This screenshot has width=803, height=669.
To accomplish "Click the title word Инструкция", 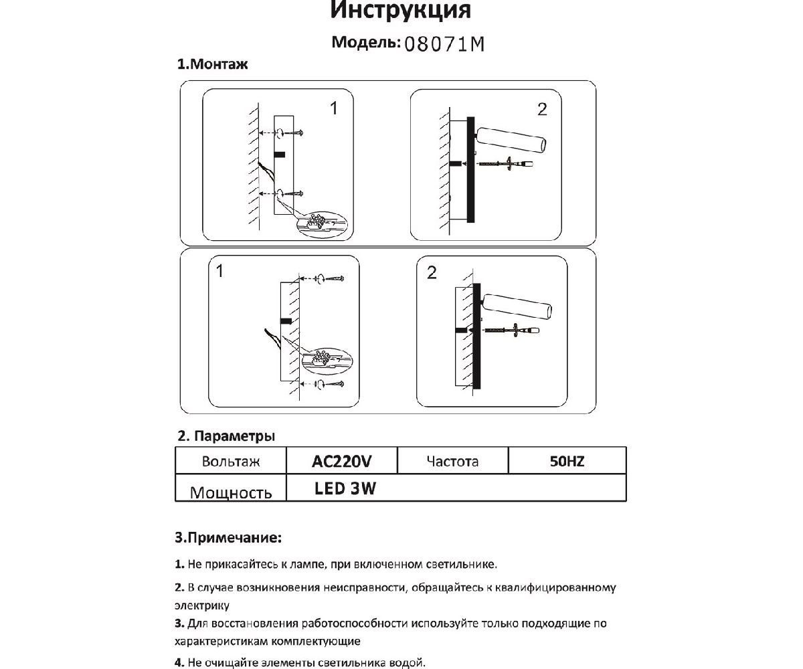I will point(400,11).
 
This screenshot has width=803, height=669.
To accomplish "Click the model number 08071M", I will point(444,44).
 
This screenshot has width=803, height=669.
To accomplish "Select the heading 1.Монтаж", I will point(212,66).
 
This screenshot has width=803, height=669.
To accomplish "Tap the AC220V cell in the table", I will point(341,462).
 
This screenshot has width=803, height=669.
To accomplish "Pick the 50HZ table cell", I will point(567,462).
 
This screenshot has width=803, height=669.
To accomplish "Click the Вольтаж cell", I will point(230,462).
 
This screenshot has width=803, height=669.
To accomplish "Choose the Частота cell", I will point(452,462).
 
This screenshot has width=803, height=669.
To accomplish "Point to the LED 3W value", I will point(345,488).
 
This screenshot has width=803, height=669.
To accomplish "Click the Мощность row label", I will point(231,493).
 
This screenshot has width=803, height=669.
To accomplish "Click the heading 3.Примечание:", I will point(228,537).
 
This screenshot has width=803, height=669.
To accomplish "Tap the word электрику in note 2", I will point(201,606).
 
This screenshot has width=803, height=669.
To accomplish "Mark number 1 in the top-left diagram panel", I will point(334,108).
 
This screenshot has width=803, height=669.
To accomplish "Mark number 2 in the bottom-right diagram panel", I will point(431,272).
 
